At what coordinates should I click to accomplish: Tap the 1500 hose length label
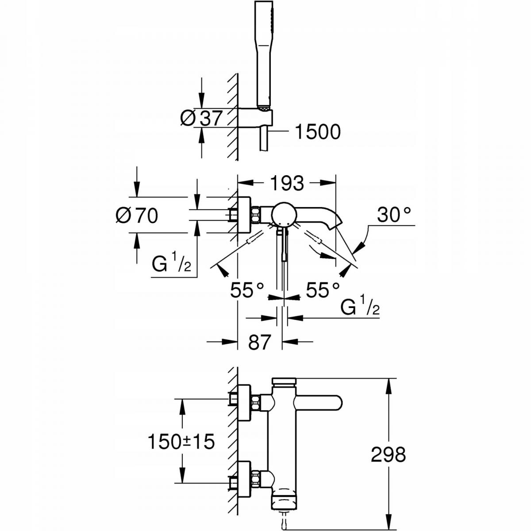317,131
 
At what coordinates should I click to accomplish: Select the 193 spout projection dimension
287,183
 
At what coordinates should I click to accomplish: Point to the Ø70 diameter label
137,215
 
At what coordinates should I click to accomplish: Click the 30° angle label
394,216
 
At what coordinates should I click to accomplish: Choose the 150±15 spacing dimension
181,441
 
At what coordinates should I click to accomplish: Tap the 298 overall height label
388,454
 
